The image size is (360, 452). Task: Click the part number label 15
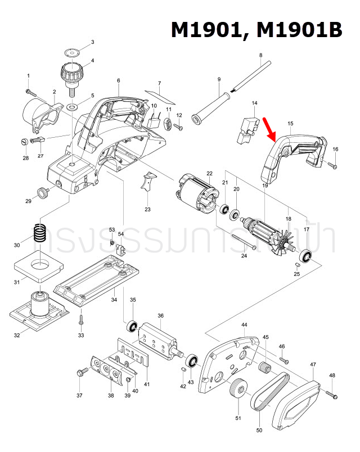[x=290, y=123]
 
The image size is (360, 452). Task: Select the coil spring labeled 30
[x=38, y=233]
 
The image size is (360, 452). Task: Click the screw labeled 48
[x=331, y=395]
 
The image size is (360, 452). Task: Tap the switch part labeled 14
[x=246, y=127]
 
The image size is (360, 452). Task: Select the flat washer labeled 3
[x=72, y=52]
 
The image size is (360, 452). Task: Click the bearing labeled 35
[x=132, y=326]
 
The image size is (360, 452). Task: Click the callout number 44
[x=244, y=326]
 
